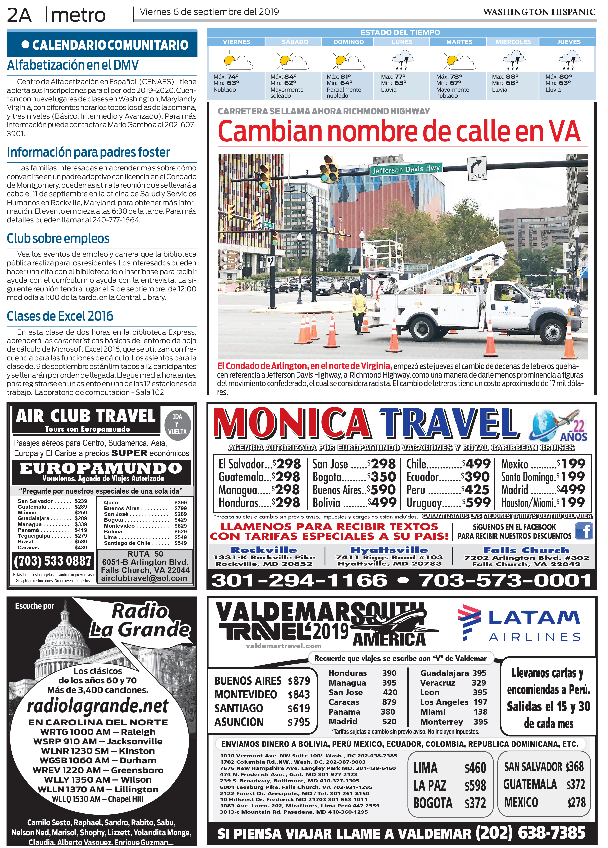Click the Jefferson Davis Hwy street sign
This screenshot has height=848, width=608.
407,169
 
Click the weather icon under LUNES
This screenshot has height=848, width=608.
402,60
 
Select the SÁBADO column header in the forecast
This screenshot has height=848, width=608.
295,42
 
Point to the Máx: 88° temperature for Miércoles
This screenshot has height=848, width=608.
505,76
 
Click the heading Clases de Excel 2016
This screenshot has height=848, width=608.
60,316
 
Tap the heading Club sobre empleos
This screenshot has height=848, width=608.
58,239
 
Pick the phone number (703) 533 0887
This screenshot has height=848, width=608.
52,561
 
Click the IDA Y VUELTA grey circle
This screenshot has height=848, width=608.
178,424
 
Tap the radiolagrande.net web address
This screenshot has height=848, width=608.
98,706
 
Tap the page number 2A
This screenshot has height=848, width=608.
19,15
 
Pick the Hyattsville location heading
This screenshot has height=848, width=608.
389,550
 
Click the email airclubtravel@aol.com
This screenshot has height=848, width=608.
144,578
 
